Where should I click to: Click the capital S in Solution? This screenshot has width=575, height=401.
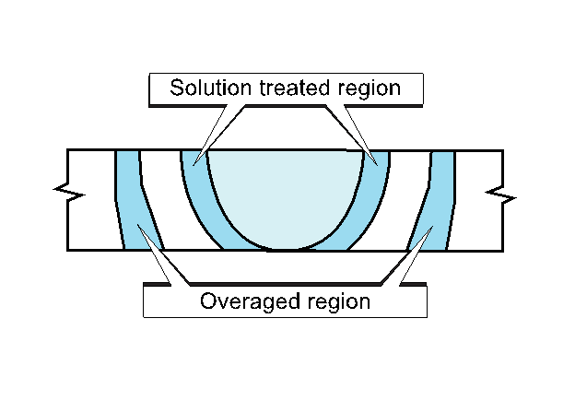pyautogui.click(x=177, y=88)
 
